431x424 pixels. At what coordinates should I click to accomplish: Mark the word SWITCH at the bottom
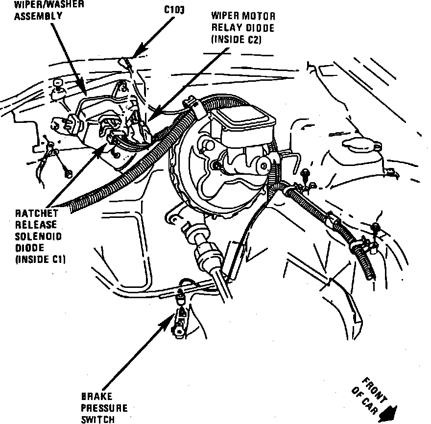pos(97,419)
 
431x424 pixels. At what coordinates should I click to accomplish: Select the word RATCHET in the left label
pos(37,214)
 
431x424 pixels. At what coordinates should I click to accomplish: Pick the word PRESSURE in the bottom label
pos(104,407)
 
